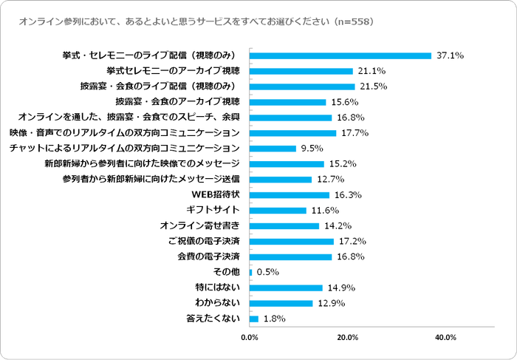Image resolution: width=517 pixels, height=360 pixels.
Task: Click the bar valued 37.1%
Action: click(x=340, y=55)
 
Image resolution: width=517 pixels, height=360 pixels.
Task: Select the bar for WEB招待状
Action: click(x=290, y=195)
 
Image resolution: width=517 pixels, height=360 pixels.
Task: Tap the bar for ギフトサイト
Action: click(x=278, y=211)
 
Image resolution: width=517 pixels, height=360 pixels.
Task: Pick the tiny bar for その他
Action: click(x=251, y=272)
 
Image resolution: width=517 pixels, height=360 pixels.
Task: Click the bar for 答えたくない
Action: click(x=254, y=319)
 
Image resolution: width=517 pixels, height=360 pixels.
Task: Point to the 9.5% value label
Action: click(x=312, y=149)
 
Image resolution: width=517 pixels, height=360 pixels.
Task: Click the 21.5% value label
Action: click(x=371, y=86)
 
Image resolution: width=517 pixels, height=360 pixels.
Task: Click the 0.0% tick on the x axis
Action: click(x=250, y=338)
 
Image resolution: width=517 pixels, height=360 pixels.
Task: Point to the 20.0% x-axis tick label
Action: click(x=348, y=338)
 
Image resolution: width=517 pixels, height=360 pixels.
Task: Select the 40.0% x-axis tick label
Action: click(x=445, y=338)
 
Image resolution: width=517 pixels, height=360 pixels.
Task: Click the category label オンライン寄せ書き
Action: click(x=200, y=226)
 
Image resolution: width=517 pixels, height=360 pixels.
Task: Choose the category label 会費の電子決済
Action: click(x=209, y=257)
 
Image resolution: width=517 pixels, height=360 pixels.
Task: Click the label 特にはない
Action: click(x=217, y=288)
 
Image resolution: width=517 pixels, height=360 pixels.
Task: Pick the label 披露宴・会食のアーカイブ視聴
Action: click(x=178, y=102)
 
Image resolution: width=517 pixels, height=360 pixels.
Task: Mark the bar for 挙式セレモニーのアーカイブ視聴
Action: click(x=301, y=71)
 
